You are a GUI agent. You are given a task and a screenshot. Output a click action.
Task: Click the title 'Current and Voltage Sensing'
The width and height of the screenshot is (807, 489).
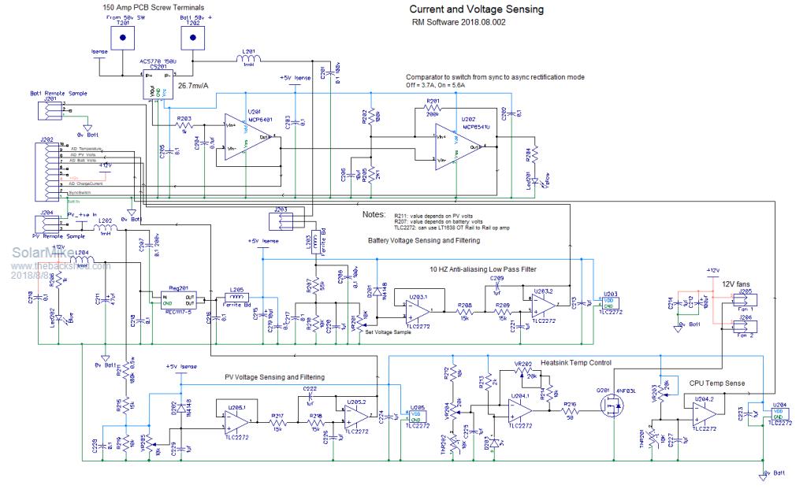(475, 10)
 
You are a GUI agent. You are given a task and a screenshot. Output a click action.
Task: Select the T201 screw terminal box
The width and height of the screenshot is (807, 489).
(123, 38)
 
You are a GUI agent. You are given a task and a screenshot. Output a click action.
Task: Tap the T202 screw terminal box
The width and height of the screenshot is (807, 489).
(191, 38)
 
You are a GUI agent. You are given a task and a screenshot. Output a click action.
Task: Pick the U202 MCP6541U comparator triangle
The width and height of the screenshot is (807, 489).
(458, 146)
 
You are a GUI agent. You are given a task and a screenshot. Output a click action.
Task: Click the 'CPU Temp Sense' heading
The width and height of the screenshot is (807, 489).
(717, 383)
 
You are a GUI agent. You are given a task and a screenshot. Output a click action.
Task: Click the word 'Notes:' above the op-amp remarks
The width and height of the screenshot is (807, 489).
(373, 214)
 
